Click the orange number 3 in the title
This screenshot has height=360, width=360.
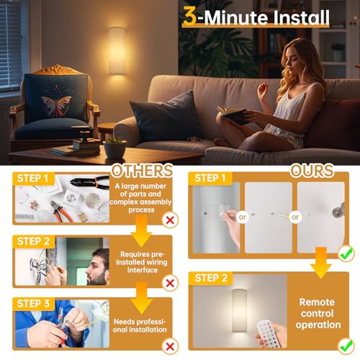(x=189, y=16)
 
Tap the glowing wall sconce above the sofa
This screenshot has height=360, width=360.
(x=117, y=50)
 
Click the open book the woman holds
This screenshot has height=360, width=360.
(x=232, y=114)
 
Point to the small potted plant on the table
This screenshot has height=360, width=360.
(x=114, y=148)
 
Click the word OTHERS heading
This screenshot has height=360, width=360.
(x=142, y=171)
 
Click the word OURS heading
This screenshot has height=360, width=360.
(x=312, y=171)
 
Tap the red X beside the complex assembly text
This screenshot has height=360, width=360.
(x=170, y=220)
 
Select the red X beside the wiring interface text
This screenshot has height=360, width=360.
(x=170, y=283)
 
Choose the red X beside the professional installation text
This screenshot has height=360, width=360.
(x=170, y=346)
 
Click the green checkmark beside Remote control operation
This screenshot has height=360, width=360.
(x=346, y=346)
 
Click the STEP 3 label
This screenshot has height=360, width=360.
(x=33, y=304)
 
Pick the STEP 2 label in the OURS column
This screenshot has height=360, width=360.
(x=211, y=278)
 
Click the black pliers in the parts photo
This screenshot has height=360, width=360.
(x=89, y=182)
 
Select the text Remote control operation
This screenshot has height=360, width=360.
(x=318, y=313)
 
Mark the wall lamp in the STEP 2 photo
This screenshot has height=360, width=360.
(x=240, y=311)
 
